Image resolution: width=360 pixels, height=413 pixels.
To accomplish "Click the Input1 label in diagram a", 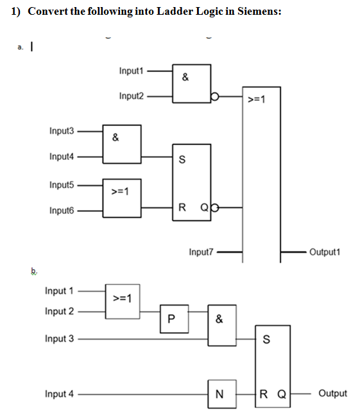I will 131,71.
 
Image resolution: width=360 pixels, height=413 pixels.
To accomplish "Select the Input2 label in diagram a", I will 131,96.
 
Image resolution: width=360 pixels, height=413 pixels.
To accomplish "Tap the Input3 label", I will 61,131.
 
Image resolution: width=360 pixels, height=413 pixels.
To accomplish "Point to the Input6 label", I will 61,211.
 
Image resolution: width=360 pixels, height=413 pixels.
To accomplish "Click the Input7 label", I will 201,252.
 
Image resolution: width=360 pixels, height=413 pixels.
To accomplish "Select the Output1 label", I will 324,252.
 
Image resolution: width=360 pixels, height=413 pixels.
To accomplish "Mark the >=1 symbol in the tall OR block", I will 256,99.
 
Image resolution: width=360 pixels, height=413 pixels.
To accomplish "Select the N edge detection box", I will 219,393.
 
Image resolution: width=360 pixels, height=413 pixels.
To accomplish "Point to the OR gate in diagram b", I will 121,299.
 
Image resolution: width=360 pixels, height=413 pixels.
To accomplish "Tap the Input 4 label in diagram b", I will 59,393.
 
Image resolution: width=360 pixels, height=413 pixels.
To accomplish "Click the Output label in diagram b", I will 332,393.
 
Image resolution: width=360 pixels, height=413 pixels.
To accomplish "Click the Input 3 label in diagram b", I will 59,338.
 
